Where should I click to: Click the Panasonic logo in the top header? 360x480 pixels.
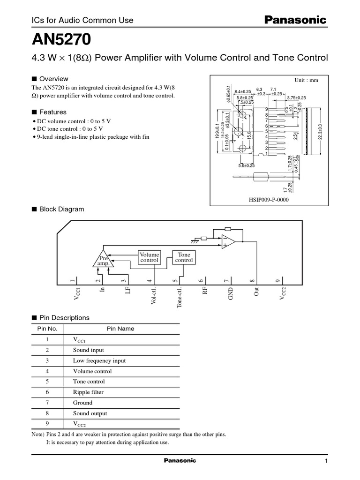(x=296, y=20)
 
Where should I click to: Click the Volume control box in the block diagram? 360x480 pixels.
(x=149, y=257)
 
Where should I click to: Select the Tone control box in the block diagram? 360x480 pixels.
(x=184, y=257)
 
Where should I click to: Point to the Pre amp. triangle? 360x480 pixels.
(x=103, y=260)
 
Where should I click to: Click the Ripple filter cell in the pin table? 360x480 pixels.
(x=88, y=392)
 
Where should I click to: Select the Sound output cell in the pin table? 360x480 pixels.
(x=90, y=413)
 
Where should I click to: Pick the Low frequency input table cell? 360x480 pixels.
(x=99, y=360)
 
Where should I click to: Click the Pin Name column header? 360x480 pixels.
(x=120, y=329)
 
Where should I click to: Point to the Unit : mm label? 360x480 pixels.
(x=306, y=80)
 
